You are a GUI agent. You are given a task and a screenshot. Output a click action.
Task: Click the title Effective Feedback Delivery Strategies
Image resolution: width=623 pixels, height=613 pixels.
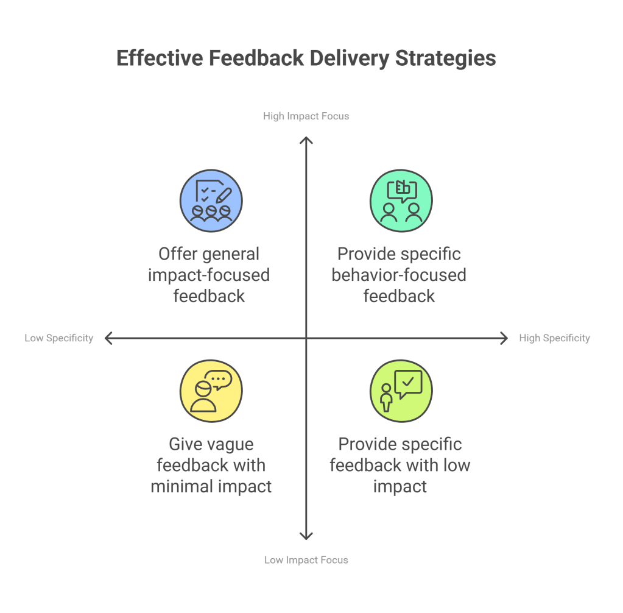pos(306,58)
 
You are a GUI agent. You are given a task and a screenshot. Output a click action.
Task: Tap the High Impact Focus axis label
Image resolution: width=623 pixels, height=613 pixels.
pos(306,116)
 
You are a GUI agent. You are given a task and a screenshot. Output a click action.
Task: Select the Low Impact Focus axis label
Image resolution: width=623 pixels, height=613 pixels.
pos(306,560)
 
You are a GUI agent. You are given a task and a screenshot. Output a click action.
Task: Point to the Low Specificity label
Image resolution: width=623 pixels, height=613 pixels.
pos(59,338)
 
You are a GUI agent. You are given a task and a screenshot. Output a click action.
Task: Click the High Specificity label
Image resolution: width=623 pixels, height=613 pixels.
pos(554,338)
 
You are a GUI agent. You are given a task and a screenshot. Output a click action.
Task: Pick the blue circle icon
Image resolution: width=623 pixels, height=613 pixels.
pos(211,200)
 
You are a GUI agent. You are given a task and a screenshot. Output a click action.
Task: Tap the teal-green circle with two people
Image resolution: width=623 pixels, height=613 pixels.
pos(401,200)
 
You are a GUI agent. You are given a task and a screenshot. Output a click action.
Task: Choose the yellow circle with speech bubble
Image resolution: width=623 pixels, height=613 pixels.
pos(211,391)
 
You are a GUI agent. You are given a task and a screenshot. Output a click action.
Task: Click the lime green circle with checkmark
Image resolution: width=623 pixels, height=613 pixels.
pos(401,391)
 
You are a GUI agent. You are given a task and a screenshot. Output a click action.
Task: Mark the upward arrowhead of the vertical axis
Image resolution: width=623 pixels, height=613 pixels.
pos(306,140)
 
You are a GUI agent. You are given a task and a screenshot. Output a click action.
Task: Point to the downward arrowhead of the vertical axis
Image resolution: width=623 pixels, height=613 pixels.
pos(306,536)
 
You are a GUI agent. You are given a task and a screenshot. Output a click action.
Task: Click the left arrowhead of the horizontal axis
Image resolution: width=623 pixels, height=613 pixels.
pos(108,338)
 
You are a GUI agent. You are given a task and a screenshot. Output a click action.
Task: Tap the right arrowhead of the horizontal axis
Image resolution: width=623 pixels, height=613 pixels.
pos(504,338)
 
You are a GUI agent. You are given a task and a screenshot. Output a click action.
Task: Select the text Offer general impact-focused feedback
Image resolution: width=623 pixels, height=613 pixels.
pos(209,275)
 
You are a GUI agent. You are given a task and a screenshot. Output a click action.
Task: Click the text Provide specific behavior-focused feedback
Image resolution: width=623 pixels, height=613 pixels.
pos(399,275)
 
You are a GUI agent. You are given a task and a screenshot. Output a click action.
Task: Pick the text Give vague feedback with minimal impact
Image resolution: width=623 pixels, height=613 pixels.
pos(211,465)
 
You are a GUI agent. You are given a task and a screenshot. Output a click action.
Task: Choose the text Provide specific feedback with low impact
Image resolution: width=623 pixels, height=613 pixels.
pos(400,465)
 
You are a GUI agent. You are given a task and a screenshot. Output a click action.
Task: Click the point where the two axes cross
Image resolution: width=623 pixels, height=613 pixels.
pos(306,338)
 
